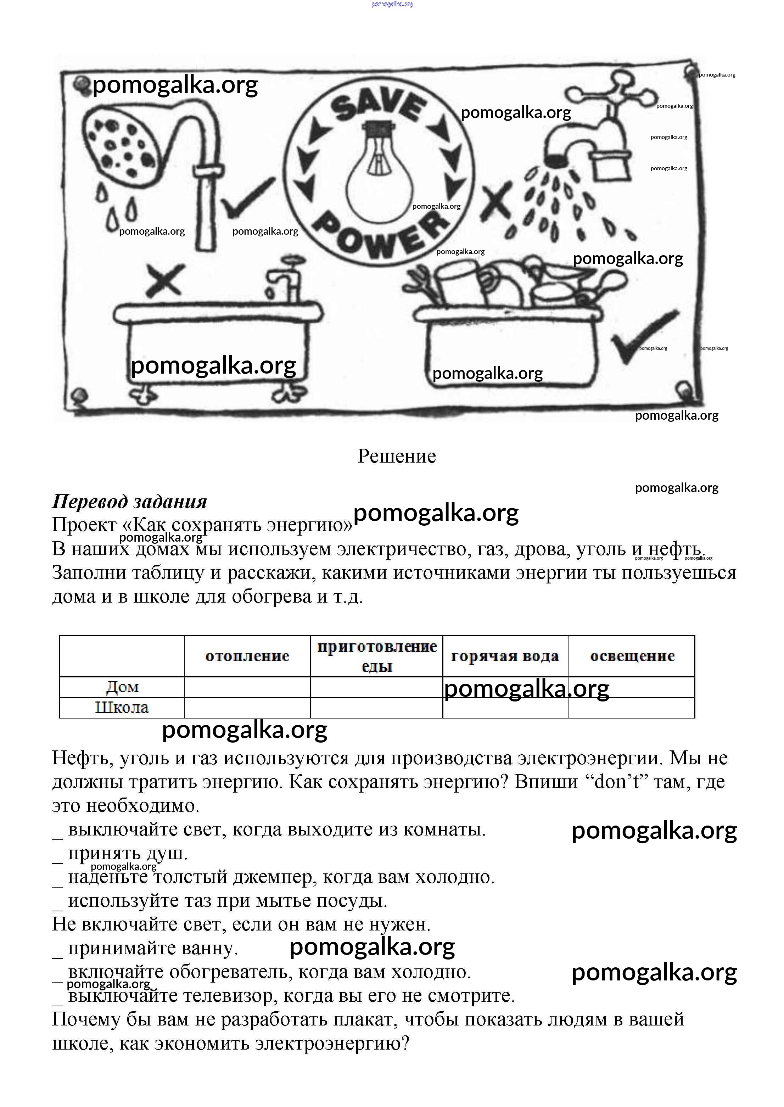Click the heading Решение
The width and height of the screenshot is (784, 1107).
pyautogui.click(x=397, y=456)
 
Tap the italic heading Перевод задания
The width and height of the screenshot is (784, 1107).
pyautogui.click(x=129, y=502)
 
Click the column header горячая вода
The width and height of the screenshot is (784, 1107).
pyautogui.click(x=505, y=656)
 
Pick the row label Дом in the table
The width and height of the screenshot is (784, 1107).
pyautogui.click(x=122, y=687)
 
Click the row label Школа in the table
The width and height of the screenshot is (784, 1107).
pyautogui.click(x=122, y=708)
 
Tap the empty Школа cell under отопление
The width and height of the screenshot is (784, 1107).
pyautogui.click(x=247, y=708)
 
